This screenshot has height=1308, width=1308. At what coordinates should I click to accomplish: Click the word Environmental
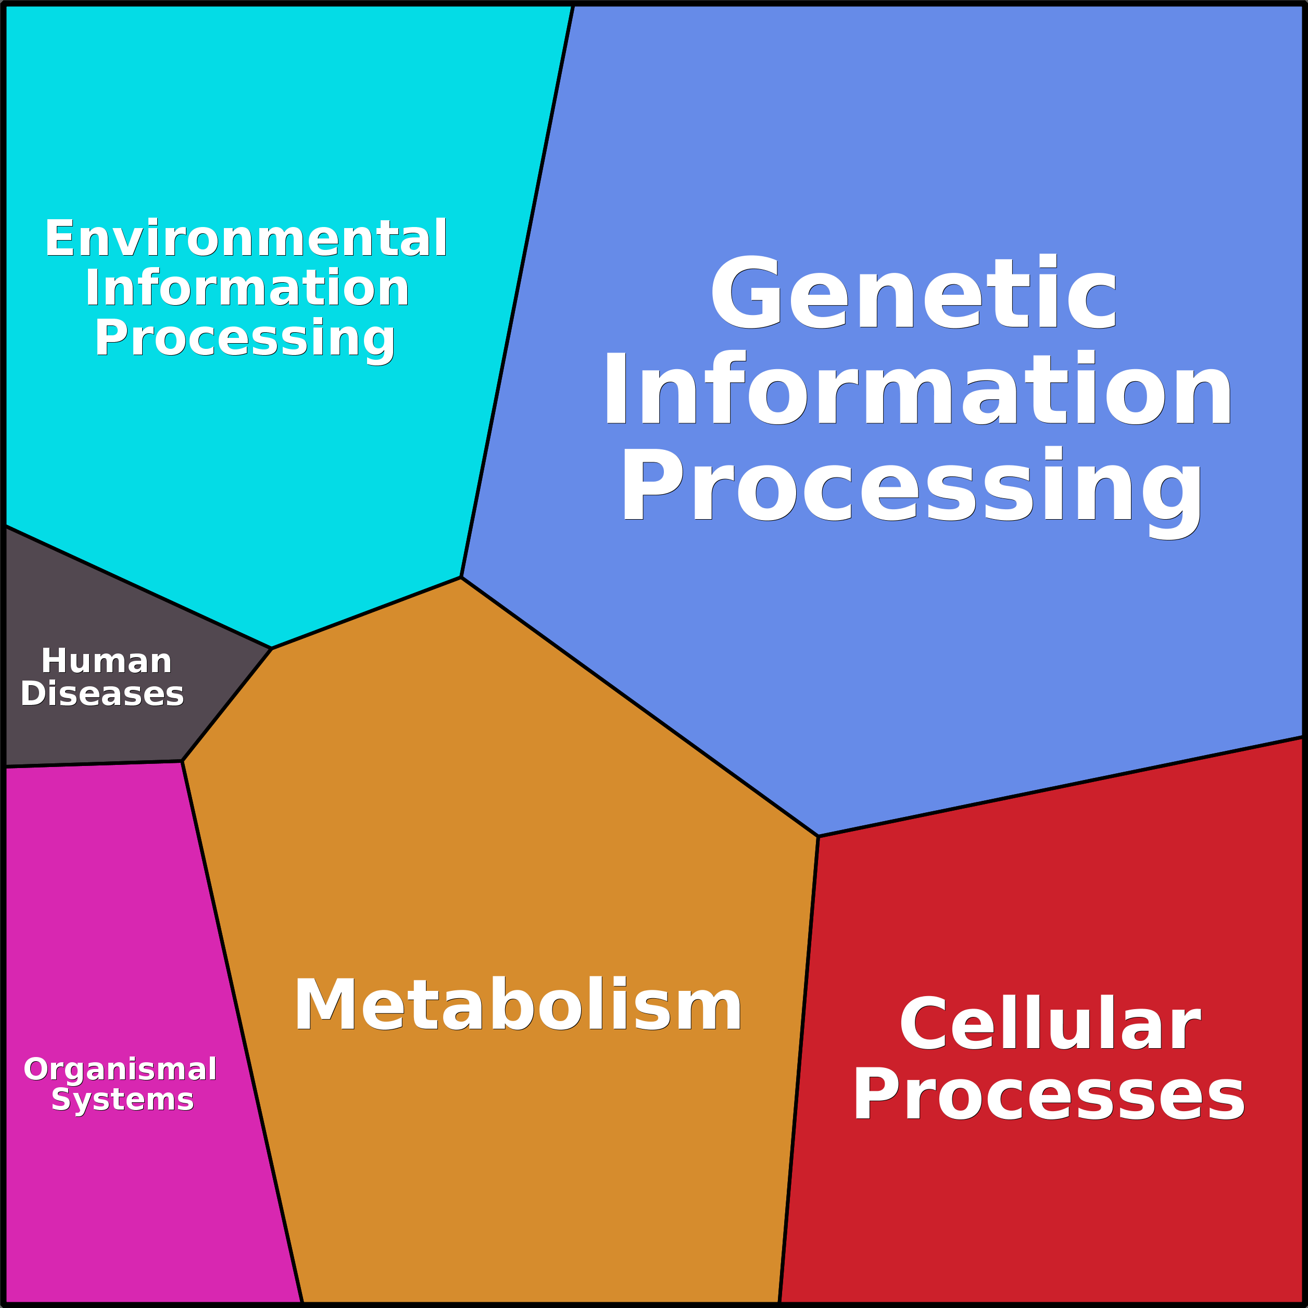click(x=246, y=238)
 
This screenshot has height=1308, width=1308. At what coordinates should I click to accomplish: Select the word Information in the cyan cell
click(x=247, y=288)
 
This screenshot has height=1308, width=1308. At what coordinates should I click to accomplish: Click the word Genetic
click(x=914, y=293)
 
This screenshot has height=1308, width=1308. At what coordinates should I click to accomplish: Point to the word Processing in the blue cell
click(x=911, y=486)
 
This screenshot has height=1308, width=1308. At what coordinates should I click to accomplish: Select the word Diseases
click(x=102, y=694)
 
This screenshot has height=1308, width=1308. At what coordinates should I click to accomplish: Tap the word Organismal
click(x=120, y=1069)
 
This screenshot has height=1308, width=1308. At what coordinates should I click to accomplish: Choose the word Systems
click(x=122, y=1100)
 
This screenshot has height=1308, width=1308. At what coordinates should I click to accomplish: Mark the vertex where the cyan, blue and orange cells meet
click(x=461, y=577)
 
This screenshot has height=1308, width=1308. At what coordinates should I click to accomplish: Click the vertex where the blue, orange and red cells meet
click(x=818, y=836)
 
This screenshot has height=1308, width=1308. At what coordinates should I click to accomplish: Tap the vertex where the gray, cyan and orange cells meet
click(x=271, y=649)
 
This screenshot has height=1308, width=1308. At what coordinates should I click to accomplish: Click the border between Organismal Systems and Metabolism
click(x=242, y=1029)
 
